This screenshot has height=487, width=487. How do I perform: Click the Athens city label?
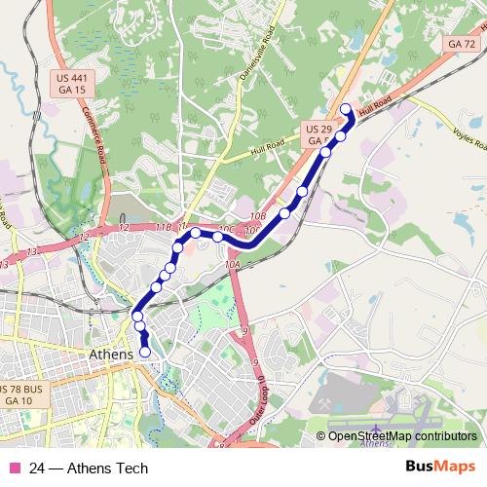point(110,354)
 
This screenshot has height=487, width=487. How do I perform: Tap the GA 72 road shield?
point(462,44)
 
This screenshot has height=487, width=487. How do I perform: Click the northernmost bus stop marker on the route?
point(346,108)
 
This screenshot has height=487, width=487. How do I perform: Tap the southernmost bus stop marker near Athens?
point(145,352)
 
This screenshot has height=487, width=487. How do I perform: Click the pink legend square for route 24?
point(14,468)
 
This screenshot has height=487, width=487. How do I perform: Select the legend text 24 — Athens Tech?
point(89,468)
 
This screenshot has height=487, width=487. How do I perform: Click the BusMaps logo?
point(441,468)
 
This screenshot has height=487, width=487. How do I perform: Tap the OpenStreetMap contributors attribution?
point(401,437)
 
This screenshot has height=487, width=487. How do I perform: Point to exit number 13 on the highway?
point(32,251)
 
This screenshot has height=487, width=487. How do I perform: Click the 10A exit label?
point(232,264)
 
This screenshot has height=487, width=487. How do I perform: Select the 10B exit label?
point(257,216)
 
